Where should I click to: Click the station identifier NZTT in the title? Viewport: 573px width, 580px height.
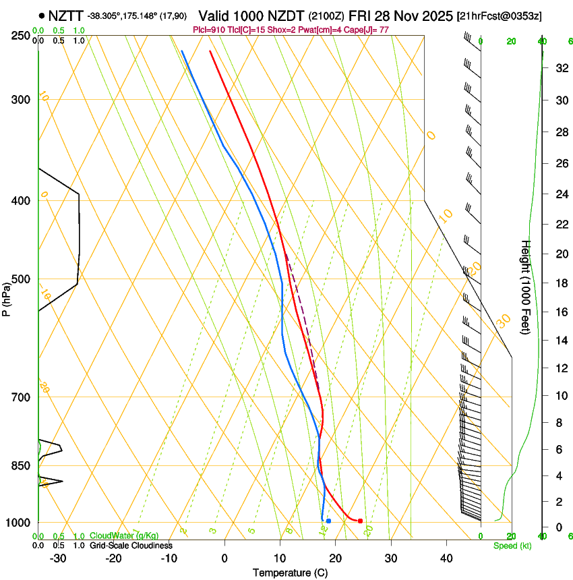tap(66, 15)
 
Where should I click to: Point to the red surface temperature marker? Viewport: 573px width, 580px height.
tap(360, 521)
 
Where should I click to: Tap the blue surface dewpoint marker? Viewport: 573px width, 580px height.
tap(328, 521)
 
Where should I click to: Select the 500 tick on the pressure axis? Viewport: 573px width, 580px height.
tap(21, 279)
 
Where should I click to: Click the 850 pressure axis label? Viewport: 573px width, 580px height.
tap(21, 465)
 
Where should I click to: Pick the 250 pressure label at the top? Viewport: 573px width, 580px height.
tap(21, 36)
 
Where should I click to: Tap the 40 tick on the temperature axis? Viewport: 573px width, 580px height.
tap(446, 558)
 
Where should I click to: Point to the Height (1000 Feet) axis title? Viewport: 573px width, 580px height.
tap(526, 287)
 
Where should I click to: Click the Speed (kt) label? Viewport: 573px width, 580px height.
tap(512, 546)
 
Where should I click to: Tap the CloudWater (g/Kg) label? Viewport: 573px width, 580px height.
tap(124, 535)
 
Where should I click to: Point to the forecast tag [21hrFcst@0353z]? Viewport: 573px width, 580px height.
tap(499, 15)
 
